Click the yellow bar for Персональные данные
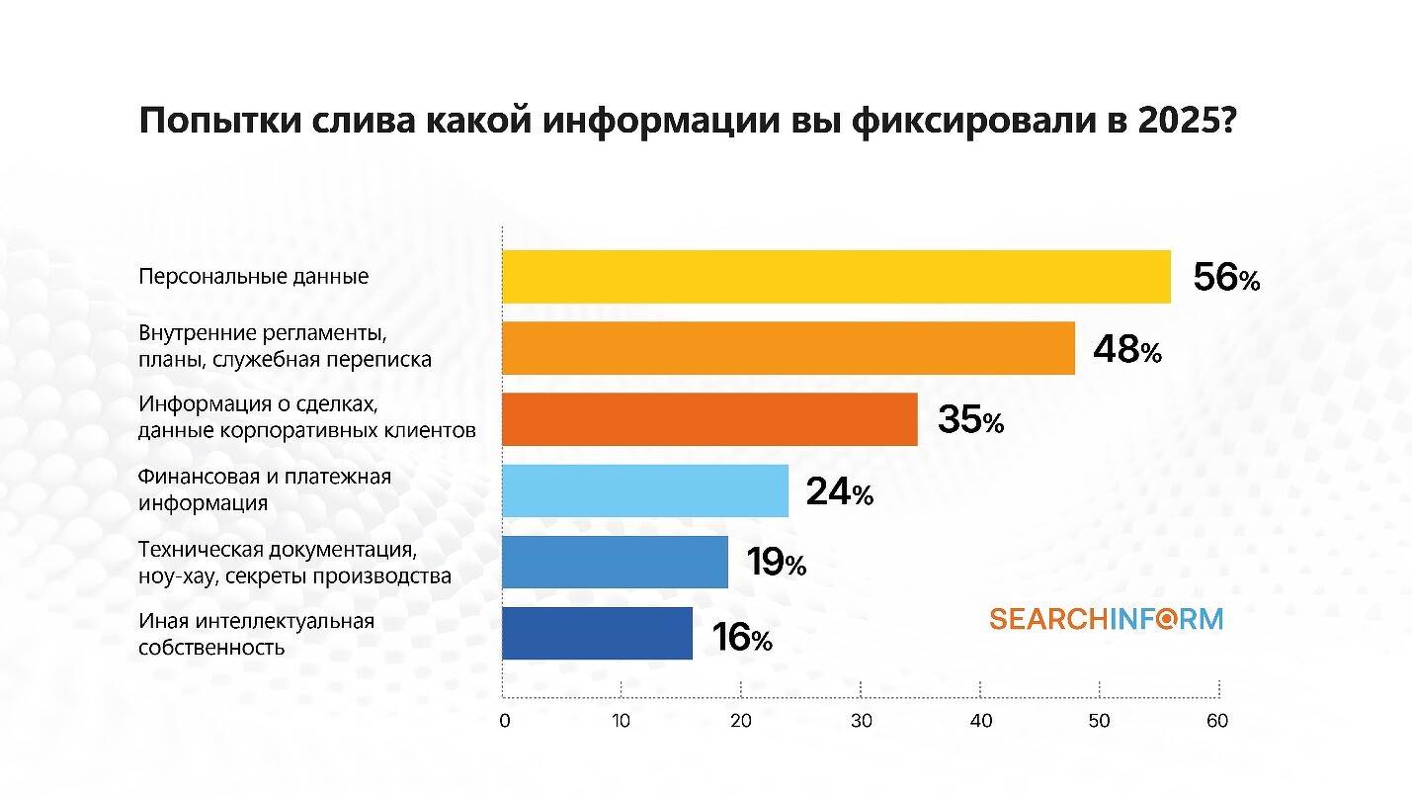[836, 277]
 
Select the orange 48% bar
[788, 348]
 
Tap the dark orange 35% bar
[709, 419]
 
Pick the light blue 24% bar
[645, 490]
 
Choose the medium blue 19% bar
[615, 562]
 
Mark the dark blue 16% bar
[597, 633]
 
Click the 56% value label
[1226, 278]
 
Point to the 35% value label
[970, 420]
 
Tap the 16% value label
[741, 638]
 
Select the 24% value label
[839, 491]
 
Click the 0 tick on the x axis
[504, 721]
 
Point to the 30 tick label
[861, 721]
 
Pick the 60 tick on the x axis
[1217, 721]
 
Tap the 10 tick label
[622, 721]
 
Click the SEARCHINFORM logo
[1106, 620]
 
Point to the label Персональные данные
[254, 276]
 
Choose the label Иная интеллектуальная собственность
[257, 635]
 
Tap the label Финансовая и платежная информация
[265, 489]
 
